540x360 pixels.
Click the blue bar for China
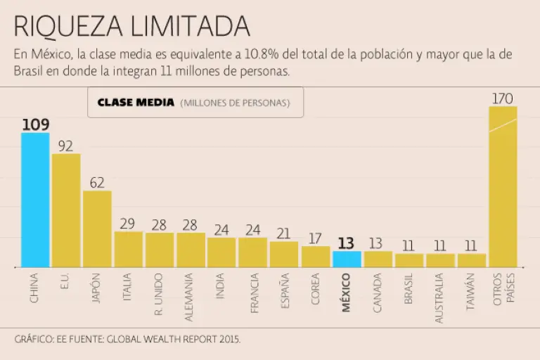(x=35, y=200)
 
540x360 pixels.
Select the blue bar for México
(x=347, y=259)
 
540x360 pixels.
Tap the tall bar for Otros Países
(x=503, y=186)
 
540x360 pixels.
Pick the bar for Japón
(x=97, y=229)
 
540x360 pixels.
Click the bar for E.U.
(x=66, y=210)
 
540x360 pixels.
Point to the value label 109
(x=35, y=124)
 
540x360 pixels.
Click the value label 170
(x=502, y=98)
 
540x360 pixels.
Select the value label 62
(x=97, y=183)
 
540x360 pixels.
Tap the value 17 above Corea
(x=316, y=238)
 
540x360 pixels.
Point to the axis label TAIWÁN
(x=471, y=292)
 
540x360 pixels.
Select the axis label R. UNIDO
(x=159, y=294)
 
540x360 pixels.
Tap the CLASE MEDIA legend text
(x=136, y=103)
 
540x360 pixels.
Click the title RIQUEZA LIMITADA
(x=131, y=26)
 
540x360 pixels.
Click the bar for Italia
(x=128, y=249)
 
